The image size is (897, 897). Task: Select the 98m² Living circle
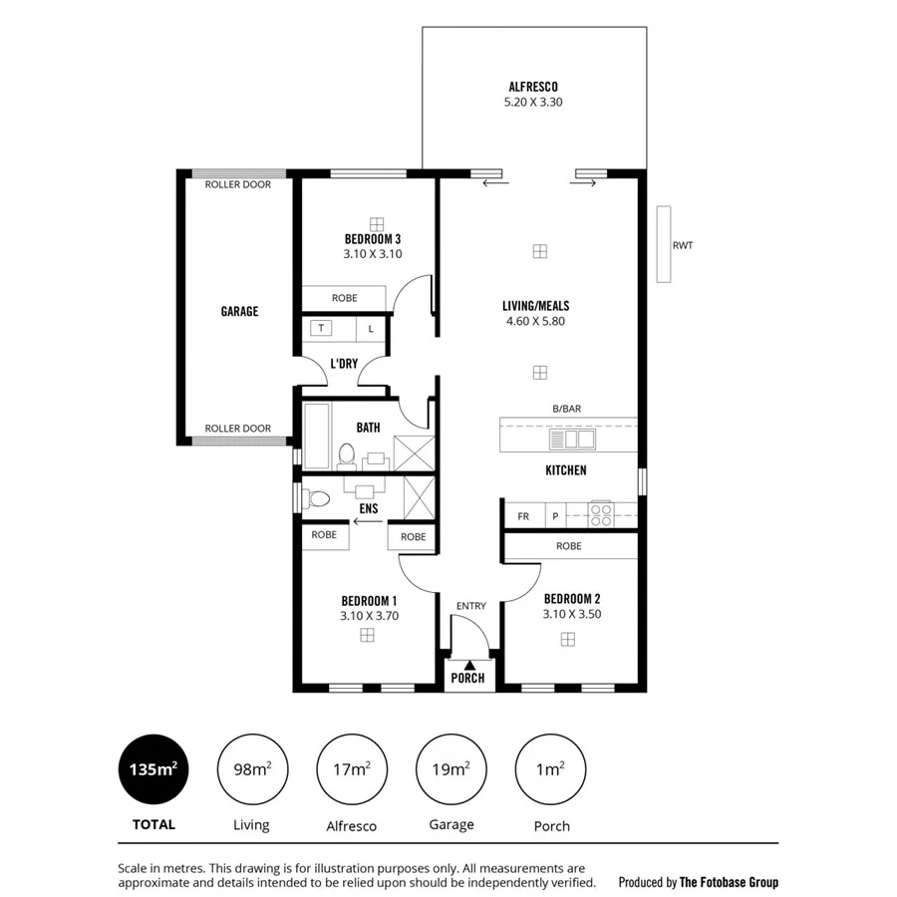tap(251, 769)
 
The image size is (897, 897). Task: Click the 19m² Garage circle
tap(450, 769)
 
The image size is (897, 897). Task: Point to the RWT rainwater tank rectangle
tap(664, 244)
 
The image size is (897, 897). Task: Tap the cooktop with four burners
tap(601, 514)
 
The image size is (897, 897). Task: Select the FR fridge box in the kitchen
tap(522, 516)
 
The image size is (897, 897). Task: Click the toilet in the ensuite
tap(317, 497)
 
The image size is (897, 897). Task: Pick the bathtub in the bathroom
tap(317, 435)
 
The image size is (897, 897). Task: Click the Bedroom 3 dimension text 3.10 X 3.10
tap(373, 254)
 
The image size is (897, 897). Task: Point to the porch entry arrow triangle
tap(468, 664)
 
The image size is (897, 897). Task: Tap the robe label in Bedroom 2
tap(569, 546)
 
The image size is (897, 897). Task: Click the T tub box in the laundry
tap(322, 328)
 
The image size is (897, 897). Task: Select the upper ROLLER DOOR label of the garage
tap(237, 184)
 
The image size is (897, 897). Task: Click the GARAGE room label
tap(239, 312)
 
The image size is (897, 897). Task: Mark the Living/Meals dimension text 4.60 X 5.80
tap(536, 322)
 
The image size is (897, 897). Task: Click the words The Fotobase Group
tap(729, 882)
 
